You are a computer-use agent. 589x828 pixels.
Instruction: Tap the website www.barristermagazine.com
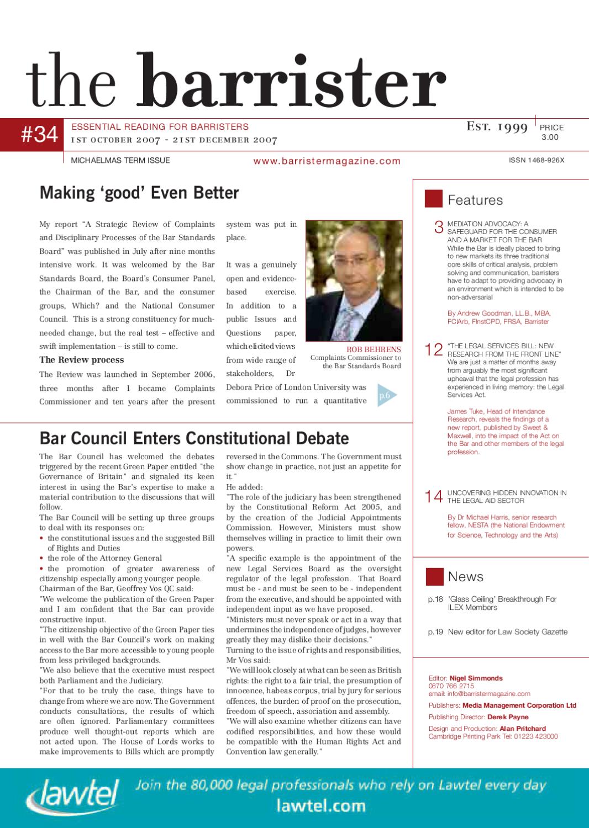(x=327, y=161)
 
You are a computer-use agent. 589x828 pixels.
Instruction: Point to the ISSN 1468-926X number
(x=537, y=161)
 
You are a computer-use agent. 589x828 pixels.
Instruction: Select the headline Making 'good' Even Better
(x=139, y=193)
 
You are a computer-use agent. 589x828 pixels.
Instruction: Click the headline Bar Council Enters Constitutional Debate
(x=194, y=438)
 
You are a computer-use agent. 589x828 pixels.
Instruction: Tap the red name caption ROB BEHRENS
(x=374, y=349)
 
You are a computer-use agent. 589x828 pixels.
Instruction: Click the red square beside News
(x=435, y=576)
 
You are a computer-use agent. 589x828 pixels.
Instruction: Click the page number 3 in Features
(x=439, y=227)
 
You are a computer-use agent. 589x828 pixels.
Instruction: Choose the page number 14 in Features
(x=434, y=497)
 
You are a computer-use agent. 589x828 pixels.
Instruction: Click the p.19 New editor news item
(x=497, y=632)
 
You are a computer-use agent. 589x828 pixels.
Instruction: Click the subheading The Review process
(x=81, y=360)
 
